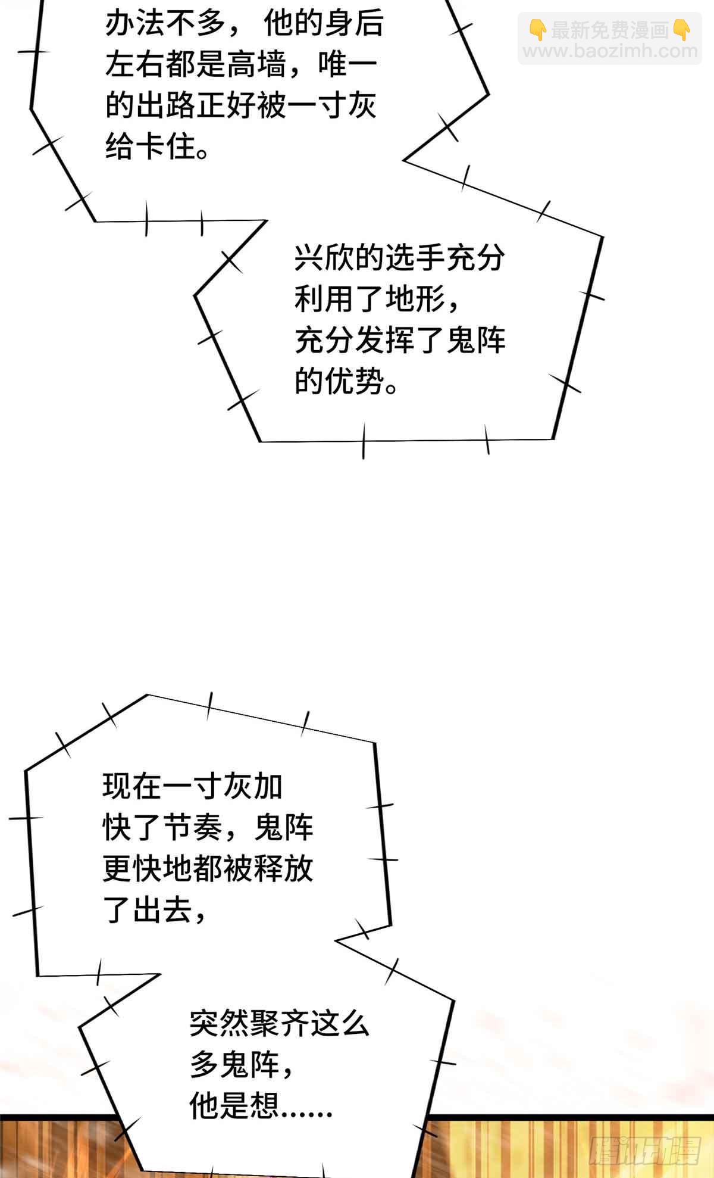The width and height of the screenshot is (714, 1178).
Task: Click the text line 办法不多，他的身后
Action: coord(244,25)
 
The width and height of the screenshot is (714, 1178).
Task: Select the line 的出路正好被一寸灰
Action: coord(241,106)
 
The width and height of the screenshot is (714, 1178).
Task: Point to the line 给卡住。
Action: coord(158,147)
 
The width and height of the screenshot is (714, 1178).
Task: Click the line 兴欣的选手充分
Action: coord(399,258)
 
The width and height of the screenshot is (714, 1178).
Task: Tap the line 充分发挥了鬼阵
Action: coord(399,340)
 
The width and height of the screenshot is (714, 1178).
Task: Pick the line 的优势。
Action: coord(346,381)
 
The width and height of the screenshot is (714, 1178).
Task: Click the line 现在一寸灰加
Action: coord(192,787)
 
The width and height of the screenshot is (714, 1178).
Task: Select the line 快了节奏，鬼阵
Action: coord(208,827)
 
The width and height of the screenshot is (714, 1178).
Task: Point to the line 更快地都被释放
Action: coord(208,868)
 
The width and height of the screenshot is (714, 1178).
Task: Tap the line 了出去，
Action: coord(154,909)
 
